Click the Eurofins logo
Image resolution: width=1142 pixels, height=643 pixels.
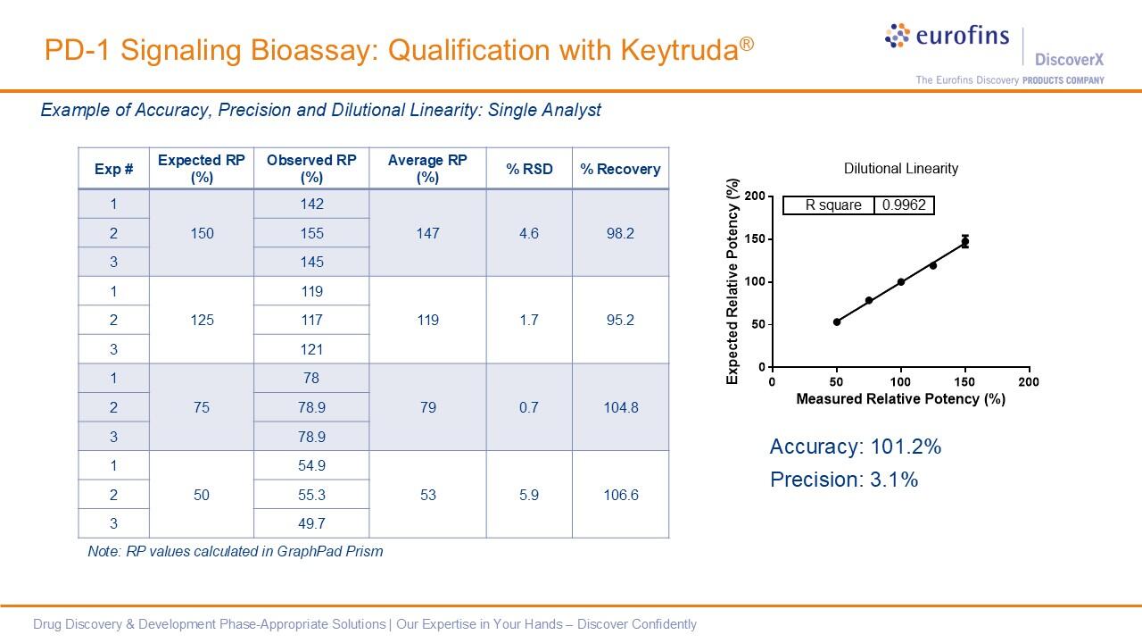tap(947, 38)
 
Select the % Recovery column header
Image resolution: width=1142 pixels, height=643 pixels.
tap(620, 169)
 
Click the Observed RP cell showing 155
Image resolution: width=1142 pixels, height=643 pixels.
tap(311, 233)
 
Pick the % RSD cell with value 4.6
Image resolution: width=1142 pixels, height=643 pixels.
tap(529, 233)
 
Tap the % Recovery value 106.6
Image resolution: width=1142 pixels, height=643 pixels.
tap(620, 495)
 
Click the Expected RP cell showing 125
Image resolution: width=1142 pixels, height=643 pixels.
tap(202, 320)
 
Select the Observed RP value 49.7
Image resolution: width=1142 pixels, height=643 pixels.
tap(311, 523)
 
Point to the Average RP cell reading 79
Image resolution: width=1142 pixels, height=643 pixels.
tap(427, 407)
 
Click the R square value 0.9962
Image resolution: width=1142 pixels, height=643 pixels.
tap(904, 205)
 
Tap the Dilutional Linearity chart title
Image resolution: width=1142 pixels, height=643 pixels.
tap(900, 169)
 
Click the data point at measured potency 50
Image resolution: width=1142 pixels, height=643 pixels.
tap(837, 321)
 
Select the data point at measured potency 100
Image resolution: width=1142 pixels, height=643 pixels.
tap(901, 282)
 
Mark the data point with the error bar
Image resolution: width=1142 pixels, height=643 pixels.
tap(964, 241)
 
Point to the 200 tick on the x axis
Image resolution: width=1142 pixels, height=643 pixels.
tap(1029, 382)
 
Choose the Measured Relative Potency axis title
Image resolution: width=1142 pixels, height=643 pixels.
tap(900, 399)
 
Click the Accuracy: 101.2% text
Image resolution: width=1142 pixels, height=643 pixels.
tap(855, 447)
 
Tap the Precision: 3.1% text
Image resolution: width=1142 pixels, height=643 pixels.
tap(843, 480)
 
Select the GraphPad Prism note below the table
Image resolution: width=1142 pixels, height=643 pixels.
tap(235, 551)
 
